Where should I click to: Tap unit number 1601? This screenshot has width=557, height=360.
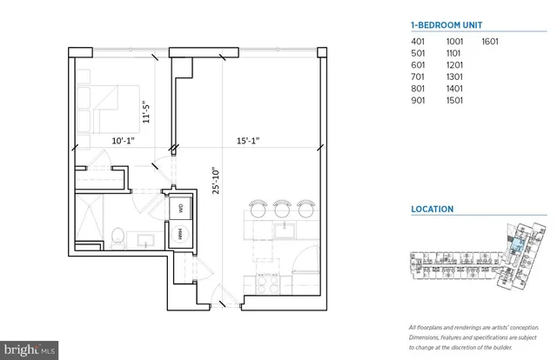(x=493, y=42)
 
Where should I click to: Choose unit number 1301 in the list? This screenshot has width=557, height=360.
(x=455, y=76)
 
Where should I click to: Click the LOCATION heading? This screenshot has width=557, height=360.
(x=433, y=210)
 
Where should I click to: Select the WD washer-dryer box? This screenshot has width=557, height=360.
(x=181, y=209)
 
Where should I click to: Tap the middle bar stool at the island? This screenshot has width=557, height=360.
(x=281, y=210)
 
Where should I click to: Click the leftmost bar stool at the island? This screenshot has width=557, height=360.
(x=257, y=210)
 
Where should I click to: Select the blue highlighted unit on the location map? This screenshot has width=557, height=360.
(x=515, y=246)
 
